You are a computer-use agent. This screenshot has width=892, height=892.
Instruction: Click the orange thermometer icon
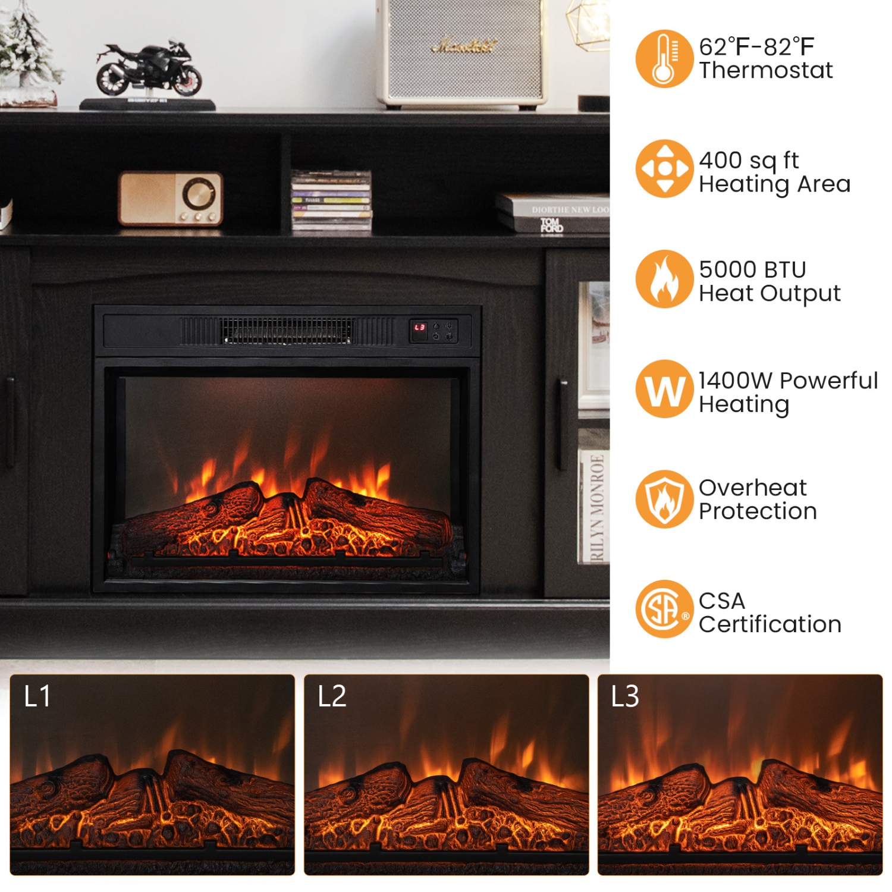pyautogui.click(x=664, y=59)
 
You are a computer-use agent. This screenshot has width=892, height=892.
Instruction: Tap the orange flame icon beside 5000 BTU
pyautogui.click(x=664, y=279)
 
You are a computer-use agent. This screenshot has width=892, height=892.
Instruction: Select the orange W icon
pyautogui.click(x=664, y=389)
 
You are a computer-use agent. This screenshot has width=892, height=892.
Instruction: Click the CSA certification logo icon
pyautogui.click(x=664, y=609)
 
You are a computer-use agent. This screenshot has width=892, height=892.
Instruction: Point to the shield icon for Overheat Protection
pyautogui.click(x=664, y=499)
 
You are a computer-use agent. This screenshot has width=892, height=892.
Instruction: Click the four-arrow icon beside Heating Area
pyautogui.click(x=664, y=168)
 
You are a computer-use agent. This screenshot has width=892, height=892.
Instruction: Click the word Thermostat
pyautogui.click(x=766, y=71)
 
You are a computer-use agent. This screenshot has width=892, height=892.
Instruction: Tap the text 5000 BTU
pyautogui.click(x=752, y=270)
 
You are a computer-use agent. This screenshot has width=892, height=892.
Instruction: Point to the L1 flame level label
pyautogui.click(x=37, y=696)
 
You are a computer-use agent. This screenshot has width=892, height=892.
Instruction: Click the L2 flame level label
pyautogui.click(x=332, y=696)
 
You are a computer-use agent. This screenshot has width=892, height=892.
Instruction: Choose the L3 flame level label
pyautogui.click(x=625, y=696)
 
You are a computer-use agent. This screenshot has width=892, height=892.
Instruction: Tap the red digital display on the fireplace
pyautogui.click(x=420, y=328)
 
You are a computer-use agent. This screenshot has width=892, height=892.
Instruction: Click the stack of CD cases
pyautogui.click(x=331, y=201)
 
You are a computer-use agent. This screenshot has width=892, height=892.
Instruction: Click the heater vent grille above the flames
pyautogui.click(x=287, y=331)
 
